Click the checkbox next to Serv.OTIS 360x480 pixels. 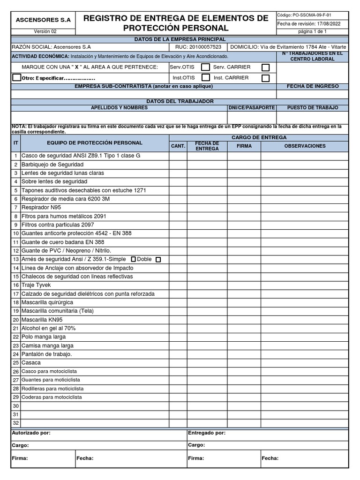click(x=205, y=67)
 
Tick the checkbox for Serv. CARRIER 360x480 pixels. click(x=266, y=67)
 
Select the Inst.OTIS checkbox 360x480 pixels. click(x=205, y=78)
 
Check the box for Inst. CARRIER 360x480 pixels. click(x=266, y=78)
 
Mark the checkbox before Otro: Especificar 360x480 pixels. click(x=16, y=78)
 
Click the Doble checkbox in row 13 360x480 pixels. click(x=158, y=259)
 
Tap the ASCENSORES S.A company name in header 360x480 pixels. click(x=43, y=20)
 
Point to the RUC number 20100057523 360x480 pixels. click(x=206, y=47)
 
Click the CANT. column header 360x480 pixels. click(x=178, y=146)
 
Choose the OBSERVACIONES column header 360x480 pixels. click(x=305, y=146)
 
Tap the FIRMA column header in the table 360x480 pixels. click(x=244, y=146)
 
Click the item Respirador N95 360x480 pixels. click(x=41, y=207)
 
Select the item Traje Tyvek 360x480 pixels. click(x=36, y=285)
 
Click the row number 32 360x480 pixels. click(x=15, y=423)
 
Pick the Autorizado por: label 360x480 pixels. click(x=31, y=433)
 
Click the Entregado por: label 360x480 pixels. click(x=207, y=433)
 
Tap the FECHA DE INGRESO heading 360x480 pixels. click(x=312, y=86)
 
